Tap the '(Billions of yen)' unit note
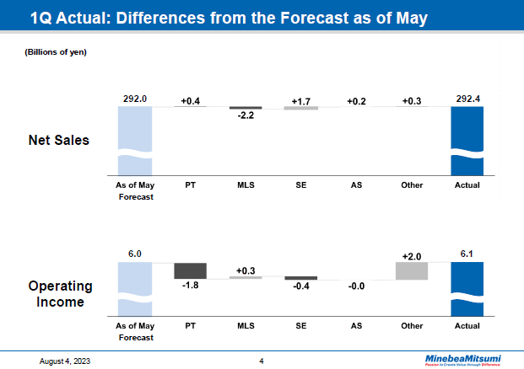coord(55,52)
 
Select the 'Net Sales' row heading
coord(59,140)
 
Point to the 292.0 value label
coord(135,99)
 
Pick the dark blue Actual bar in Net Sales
coord(467,139)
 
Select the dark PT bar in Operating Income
coord(190,270)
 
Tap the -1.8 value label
coord(190,286)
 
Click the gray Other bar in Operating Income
coord(412,270)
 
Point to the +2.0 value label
coord(412,254)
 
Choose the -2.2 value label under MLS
coord(246,116)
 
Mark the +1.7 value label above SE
coord(300,101)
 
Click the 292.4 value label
coord(467,99)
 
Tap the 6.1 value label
coord(467,254)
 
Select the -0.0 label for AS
coord(356,286)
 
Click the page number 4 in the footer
coord(262,361)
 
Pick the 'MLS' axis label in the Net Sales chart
coord(246,184)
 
